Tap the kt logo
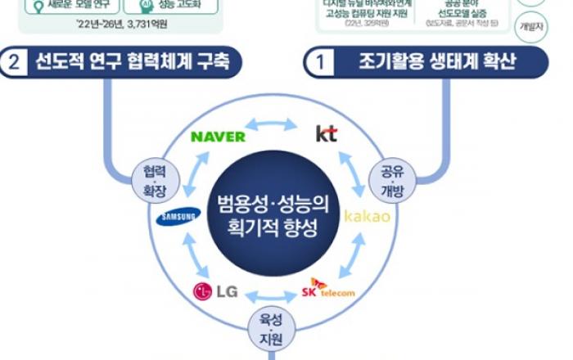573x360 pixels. tap(326, 133)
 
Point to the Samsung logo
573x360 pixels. tap(176, 217)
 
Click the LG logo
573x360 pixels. tap(215, 290)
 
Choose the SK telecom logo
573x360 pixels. tap(327, 289)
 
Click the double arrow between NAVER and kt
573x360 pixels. tap(273, 125)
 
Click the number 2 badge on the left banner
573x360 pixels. tap(16, 63)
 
